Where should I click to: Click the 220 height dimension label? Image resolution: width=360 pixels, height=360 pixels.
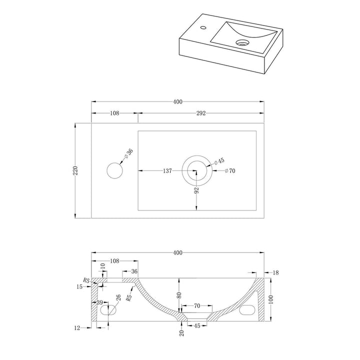click(x=76, y=170)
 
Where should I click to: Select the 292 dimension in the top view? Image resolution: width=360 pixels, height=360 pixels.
click(x=201, y=113)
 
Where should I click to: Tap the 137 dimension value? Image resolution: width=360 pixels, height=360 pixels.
click(x=167, y=171)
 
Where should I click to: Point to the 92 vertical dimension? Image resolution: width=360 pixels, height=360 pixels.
click(x=197, y=190)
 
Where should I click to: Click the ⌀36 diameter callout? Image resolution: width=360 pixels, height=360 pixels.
click(x=128, y=153)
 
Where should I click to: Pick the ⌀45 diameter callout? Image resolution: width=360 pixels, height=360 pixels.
click(x=219, y=161)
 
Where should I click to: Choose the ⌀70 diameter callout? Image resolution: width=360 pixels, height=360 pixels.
click(x=230, y=171)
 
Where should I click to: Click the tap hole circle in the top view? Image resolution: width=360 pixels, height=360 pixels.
click(x=115, y=170)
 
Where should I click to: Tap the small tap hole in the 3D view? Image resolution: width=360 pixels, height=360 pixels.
click(x=203, y=28)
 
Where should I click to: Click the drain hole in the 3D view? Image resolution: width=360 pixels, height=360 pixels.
click(x=242, y=42)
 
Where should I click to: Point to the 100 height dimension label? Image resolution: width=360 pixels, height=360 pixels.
click(x=271, y=299)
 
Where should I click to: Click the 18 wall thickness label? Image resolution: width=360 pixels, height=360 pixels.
click(x=275, y=272)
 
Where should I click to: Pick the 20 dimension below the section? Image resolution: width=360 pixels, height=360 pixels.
click(x=182, y=333)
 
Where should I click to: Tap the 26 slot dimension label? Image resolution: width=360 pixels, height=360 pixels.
click(x=118, y=298)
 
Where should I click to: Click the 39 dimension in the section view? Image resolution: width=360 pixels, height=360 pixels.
click(x=99, y=302)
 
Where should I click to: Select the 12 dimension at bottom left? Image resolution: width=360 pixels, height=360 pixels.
click(x=77, y=328)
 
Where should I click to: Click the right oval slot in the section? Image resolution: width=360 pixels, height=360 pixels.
click(x=247, y=310)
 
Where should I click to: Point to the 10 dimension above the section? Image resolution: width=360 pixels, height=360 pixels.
click(x=103, y=266)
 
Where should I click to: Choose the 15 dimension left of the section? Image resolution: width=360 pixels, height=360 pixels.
click(x=79, y=287)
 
